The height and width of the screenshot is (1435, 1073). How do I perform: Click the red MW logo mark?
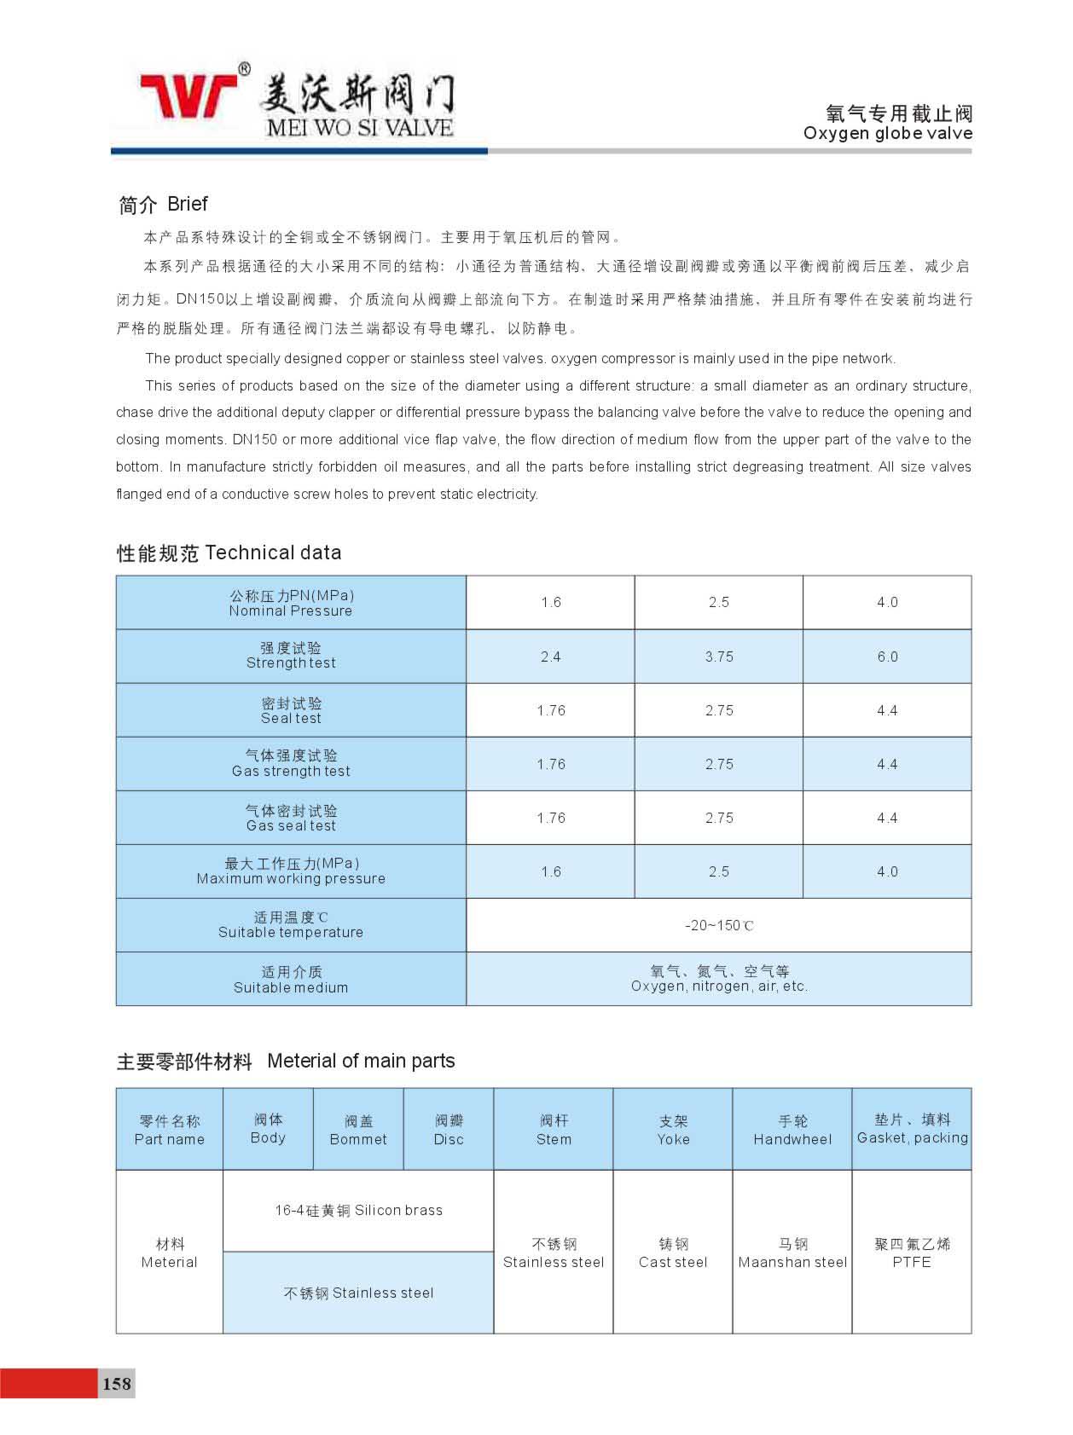click(x=189, y=95)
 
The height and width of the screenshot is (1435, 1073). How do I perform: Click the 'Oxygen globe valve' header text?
click(x=887, y=133)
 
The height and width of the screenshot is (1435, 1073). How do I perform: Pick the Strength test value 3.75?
click(x=718, y=657)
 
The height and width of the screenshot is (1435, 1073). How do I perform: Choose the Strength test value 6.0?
click(x=887, y=657)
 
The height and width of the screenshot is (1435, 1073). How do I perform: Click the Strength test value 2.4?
click(x=550, y=657)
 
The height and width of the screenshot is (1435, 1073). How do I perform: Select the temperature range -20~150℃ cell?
click(x=718, y=925)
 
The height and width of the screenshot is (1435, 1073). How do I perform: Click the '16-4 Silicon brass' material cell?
click(x=358, y=1211)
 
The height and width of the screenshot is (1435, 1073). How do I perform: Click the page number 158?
click(x=117, y=1383)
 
